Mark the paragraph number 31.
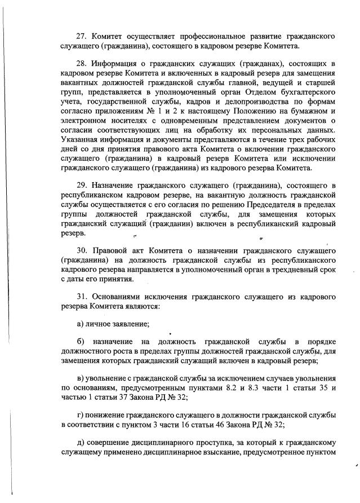coord(81,296)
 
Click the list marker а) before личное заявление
coord(79,324)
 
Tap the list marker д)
coord(80,442)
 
